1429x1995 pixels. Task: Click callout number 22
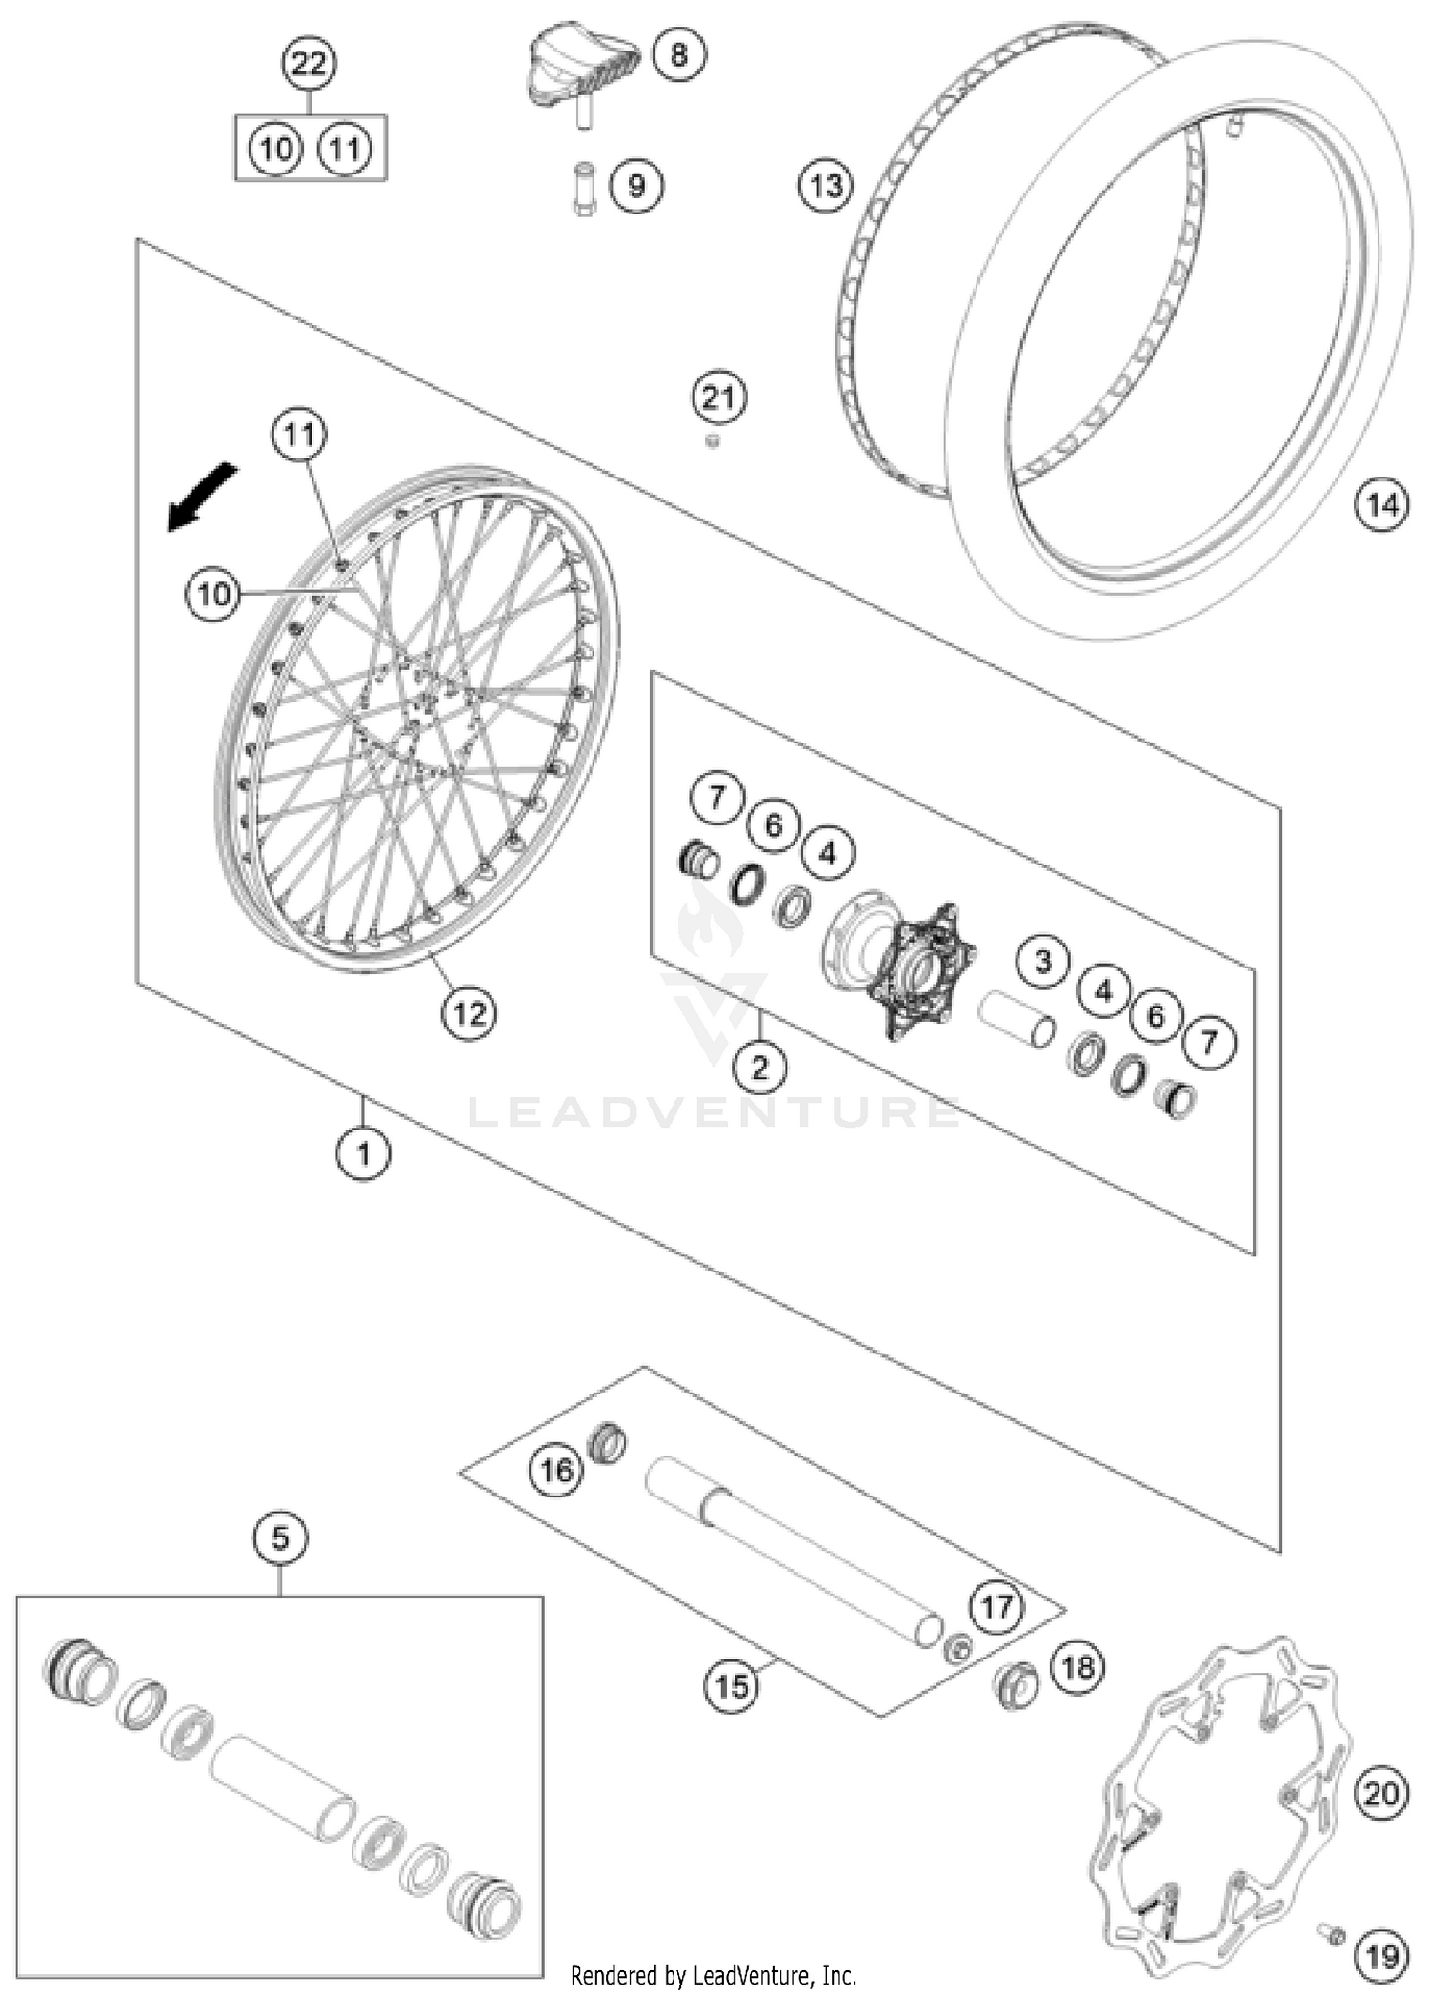[309, 66]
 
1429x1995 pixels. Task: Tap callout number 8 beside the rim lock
[678, 53]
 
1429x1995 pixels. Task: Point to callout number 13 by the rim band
[826, 185]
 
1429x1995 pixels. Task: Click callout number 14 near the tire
[1381, 504]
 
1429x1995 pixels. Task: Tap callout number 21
[718, 397]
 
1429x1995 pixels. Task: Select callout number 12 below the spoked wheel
[469, 1013]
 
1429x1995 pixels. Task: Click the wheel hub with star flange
[900, 967]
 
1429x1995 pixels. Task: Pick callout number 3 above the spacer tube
[1042, 961]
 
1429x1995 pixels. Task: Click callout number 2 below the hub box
[759, 1067]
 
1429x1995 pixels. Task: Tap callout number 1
[363, 1154]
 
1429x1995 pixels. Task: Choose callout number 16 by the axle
[556, 1470]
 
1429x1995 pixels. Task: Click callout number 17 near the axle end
[996, 1608]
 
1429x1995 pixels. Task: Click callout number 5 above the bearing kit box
[280, 1538]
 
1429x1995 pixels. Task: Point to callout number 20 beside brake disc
[1380, 1795]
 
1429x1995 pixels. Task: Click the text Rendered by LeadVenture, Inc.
[714, 1976]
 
